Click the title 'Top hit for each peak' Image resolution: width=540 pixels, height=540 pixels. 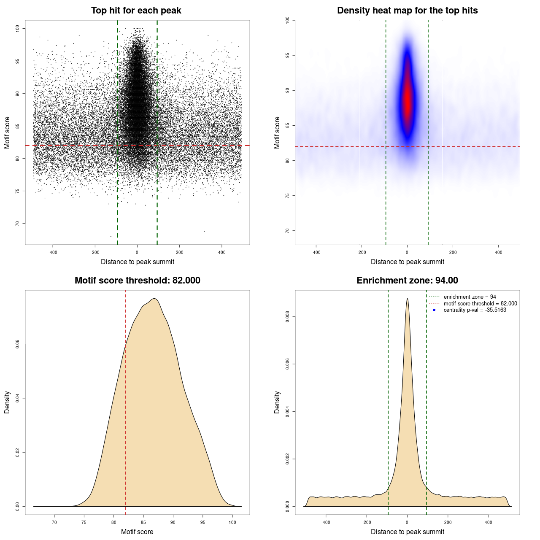click(136, 11)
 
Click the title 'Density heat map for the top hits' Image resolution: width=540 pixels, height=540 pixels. click(407, 11)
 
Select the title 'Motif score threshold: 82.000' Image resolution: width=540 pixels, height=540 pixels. click(137, 281)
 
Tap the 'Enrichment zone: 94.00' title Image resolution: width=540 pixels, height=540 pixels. click(407, 281)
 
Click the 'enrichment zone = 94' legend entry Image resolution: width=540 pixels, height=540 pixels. click(470, 297)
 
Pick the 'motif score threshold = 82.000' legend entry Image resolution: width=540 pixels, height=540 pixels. click(480, 303)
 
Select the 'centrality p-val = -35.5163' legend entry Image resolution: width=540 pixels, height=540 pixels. click(475, 310)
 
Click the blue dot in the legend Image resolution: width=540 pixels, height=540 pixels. click(434, 310)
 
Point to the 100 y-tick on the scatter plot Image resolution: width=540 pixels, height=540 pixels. click(18, 28)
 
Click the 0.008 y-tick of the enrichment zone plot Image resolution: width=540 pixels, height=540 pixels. click(288, 317)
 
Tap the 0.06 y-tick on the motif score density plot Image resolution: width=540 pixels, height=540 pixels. click(18, 344)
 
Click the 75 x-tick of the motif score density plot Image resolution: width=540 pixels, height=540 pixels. click(84, 522)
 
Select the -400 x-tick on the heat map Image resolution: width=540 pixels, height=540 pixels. click(316, 252)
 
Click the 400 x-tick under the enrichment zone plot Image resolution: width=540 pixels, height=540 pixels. click(489, 522)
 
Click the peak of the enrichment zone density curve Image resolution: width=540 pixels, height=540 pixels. click(407, 299)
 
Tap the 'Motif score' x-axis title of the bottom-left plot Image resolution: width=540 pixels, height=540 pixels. click(137, 532)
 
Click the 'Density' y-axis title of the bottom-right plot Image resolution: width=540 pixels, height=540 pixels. click(277, 402)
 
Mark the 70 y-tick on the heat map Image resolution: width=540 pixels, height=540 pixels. click(288, 231)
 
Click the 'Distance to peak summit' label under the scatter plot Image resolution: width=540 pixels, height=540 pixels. click(138, 262)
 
